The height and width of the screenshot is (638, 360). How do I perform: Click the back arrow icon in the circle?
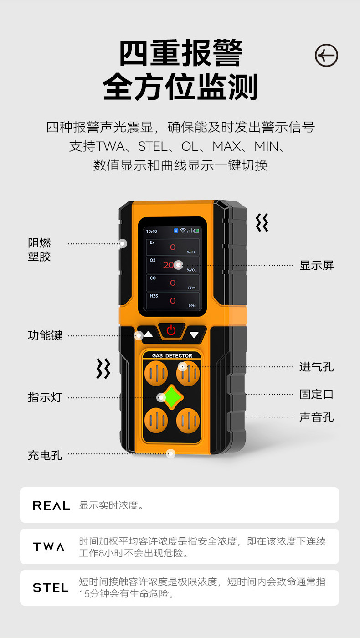pyautogui.click(x=326, y=56)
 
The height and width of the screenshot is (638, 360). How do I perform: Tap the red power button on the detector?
pyautogui.click(x=171, y=330)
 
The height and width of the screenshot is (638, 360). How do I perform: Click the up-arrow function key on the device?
pyautogui.click(x=148, y=334)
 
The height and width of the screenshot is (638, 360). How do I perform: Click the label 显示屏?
pyautogui.click(x=316, y=265)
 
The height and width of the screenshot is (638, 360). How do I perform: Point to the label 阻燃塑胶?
pyautogui.click(x=39, y=250)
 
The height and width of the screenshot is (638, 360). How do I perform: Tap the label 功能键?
pyautogui.click(x=45, y=336)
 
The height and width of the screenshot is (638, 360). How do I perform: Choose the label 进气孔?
pyautogui.click(x=316, y=366)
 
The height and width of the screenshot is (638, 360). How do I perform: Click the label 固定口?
pyautogui.click(x=316, y=394)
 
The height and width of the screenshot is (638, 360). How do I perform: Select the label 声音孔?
pyautogui.click(x=316, y=417)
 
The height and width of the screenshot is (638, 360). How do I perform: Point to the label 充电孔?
pyautogui.click(x=45, y=455)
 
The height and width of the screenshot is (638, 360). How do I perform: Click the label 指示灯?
pyautogui.click(x=45, y=397)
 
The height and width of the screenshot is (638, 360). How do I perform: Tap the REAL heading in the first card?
pyautogui.click(x=51, y=505)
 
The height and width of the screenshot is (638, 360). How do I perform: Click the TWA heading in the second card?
pyautogui.click(x=49, y=547)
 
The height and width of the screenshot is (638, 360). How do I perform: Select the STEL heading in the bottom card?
pyautogui.click(x=51, y=588)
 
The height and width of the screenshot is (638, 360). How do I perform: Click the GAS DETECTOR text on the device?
pyautogui.click(x=172, y=355)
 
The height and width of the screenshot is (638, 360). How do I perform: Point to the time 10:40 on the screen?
pyautogui.click(x=151, y=232)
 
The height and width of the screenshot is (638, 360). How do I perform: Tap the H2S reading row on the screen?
pyautogui.click(x=173, y=301)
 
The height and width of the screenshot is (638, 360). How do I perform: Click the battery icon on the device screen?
pyautogui.click(x=196, y=231)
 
